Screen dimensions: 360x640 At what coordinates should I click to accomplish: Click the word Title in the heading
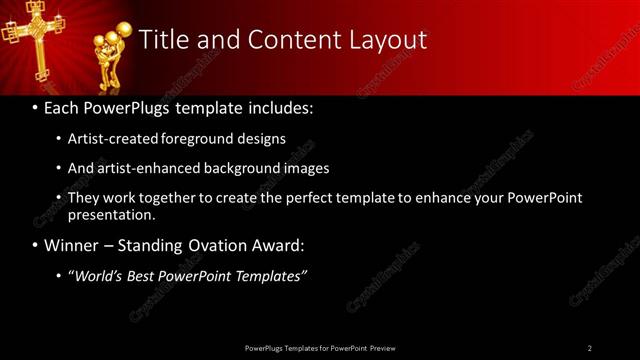tap(163, 40)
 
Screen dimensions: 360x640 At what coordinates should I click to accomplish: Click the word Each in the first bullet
tap(62, 107)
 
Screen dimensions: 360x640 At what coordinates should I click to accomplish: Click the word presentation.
tap(112, 214)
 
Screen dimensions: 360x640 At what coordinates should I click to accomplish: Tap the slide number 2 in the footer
tap(589, 348)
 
